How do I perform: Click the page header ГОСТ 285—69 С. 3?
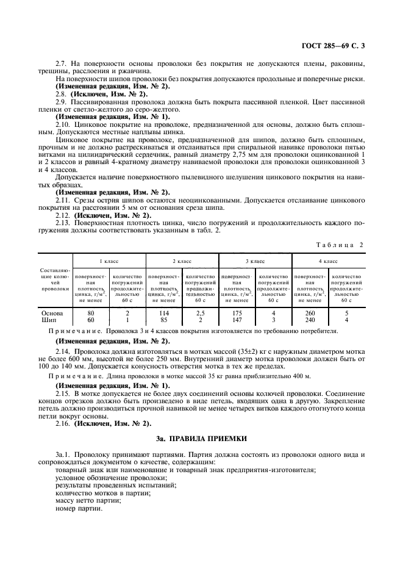346,45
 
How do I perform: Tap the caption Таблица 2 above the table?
338,244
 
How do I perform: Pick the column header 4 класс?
329,260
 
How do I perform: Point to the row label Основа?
52,312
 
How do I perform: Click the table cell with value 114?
164,312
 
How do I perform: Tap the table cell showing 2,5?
201,312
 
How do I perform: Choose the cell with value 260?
310,312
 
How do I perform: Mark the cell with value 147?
237,319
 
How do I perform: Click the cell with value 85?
164,319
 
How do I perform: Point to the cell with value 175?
237,312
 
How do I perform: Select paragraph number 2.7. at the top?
62,64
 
